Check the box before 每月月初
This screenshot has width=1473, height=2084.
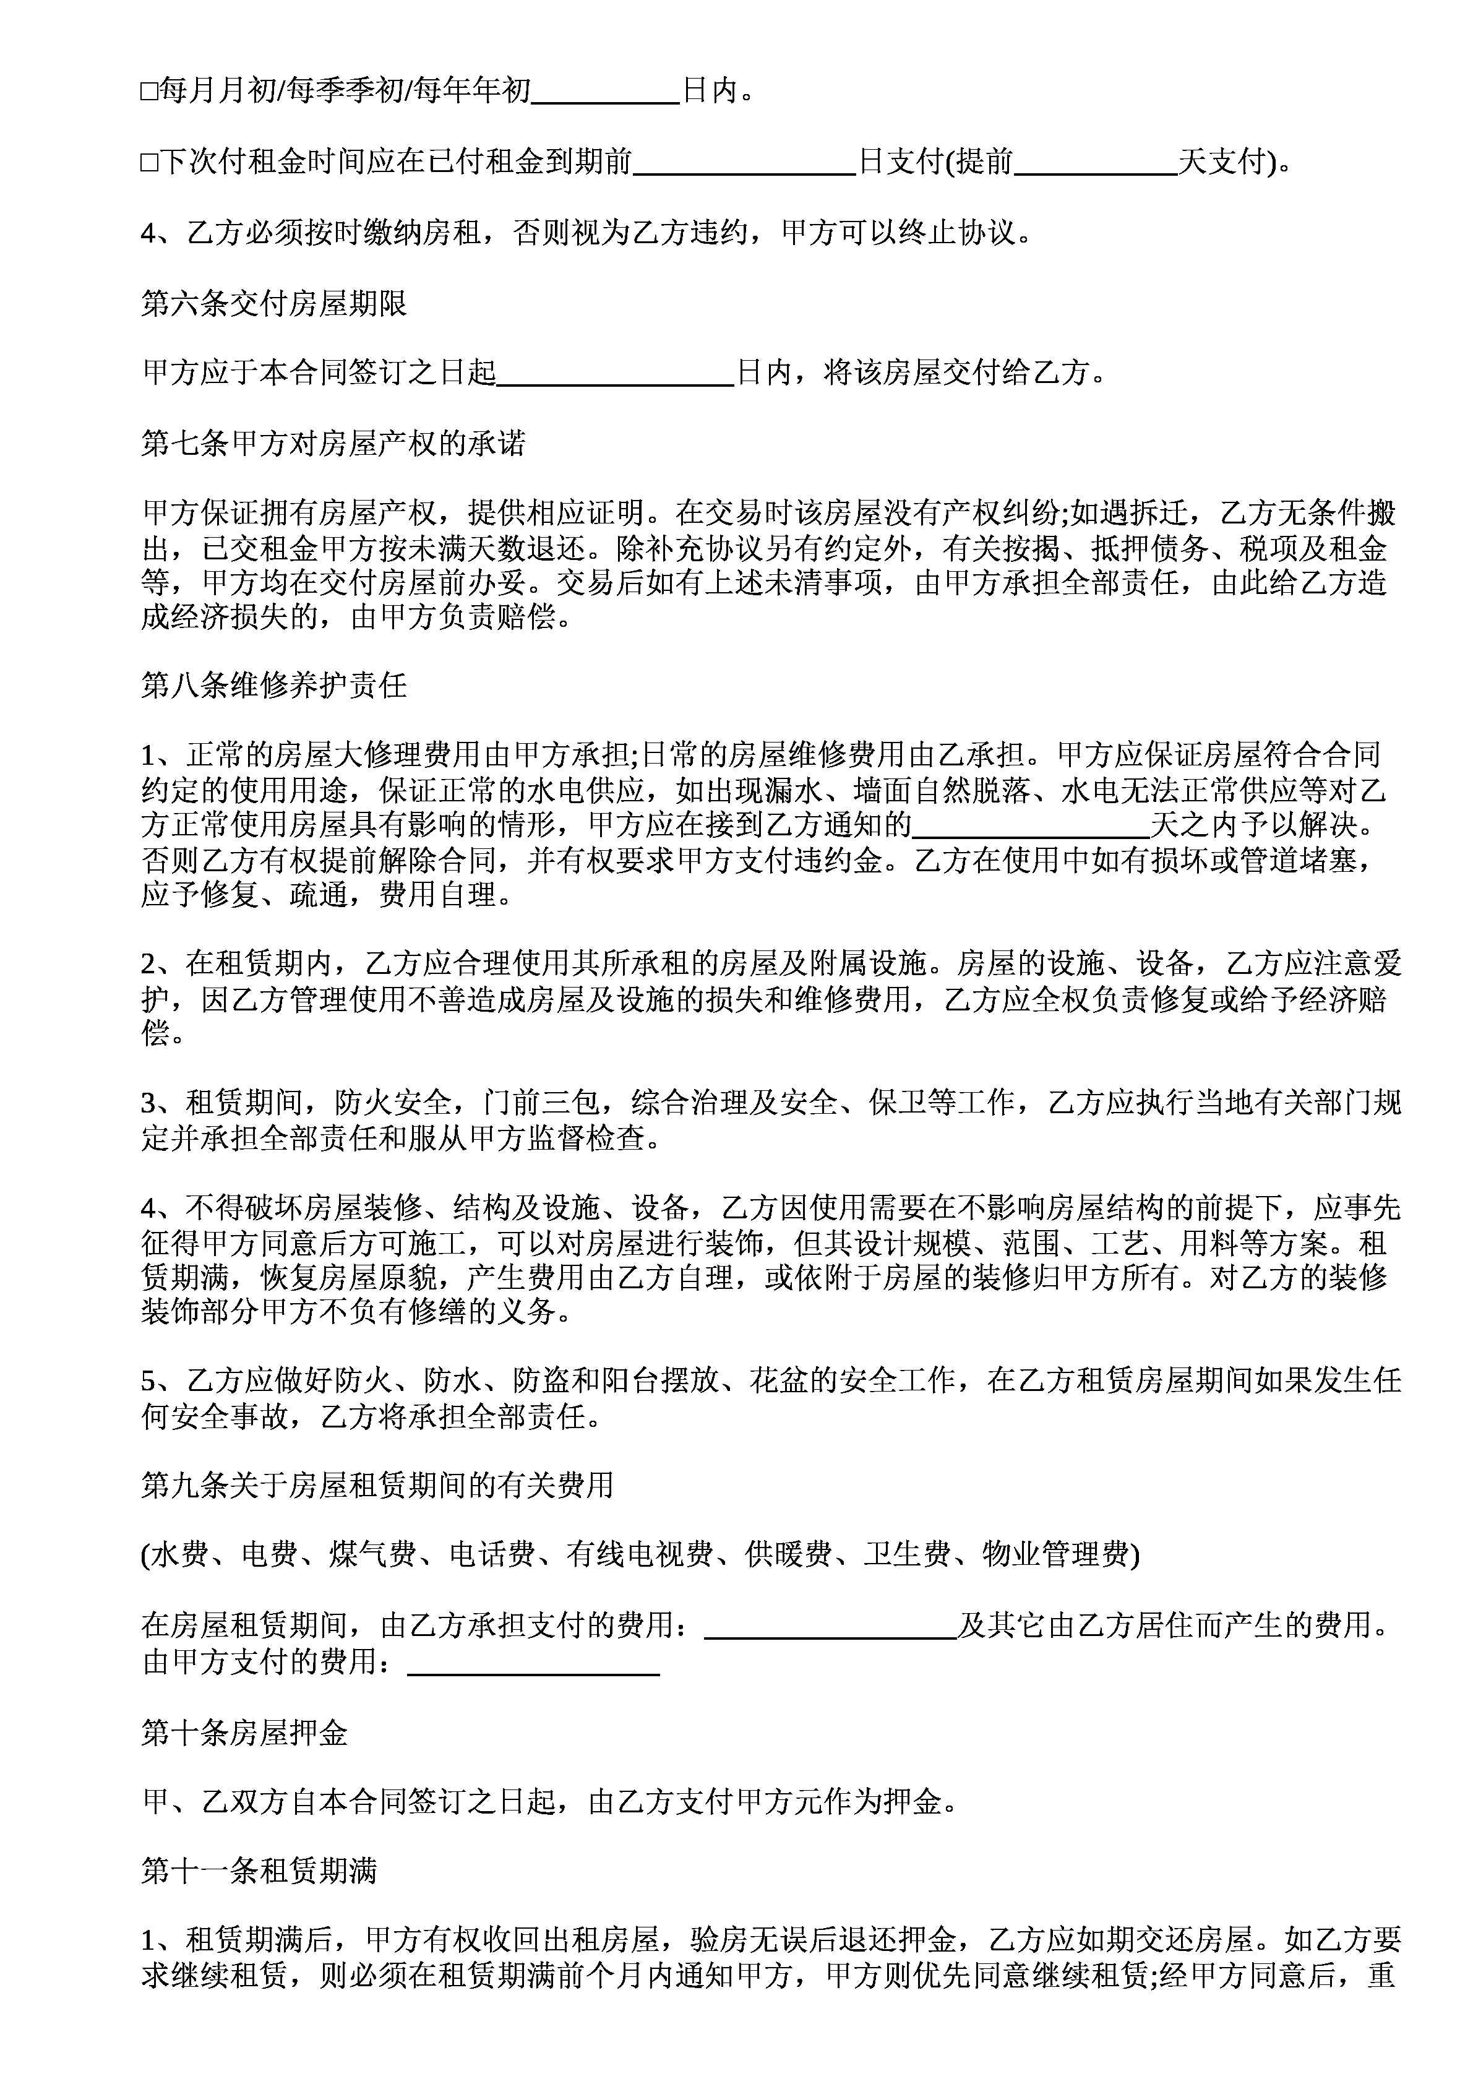[149, 92]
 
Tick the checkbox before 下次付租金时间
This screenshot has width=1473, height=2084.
[149, 163]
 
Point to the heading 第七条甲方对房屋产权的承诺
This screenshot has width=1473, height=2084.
[333, 444]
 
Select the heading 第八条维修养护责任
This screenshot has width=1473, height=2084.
[274, 686]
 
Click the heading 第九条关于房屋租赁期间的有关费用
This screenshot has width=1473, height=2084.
[377, 1485]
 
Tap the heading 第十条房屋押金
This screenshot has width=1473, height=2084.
[245, 1734]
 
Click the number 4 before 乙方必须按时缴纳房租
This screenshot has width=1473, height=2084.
[149, 234]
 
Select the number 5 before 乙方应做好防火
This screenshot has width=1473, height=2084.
[149, 1380]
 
